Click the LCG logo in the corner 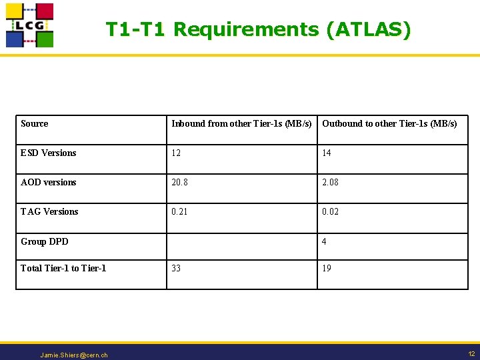click(x=29, y=25)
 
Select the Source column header click(x=35, y=123)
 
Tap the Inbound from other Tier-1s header click(x=241, y=123)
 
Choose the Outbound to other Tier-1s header click(x=389, y=123)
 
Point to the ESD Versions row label click(x=49, y=153)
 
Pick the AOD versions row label click(x=49, y=182)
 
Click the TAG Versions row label click(x=49, y=211)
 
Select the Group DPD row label click(x=45, y=241)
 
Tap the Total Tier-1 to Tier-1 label click(x=63, y=268)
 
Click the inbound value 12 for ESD click(x=176, y=153)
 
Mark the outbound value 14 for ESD click(x=327, y=153)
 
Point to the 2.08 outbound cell click(x=330, y=182)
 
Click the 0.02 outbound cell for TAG click(x=330, y=211)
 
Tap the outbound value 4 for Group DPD click(x=324, y=241)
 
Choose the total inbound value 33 click(x=176, y=268)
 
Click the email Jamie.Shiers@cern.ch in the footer click(x=74, y=355)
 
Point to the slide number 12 click(x=471, y=353)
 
